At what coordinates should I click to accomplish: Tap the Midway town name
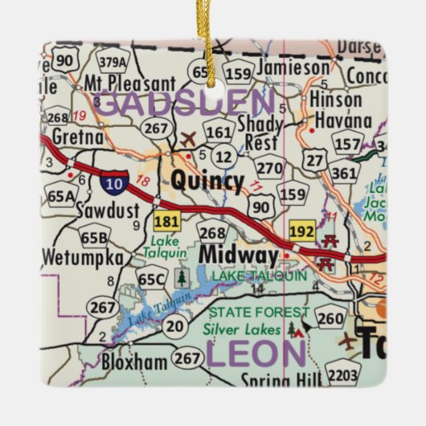point(238,255)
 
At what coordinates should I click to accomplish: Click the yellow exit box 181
point(167,221)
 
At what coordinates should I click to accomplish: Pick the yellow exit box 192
point(302,229)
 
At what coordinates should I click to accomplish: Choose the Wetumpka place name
point(83,259)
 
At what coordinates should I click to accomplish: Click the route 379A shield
point(113,61)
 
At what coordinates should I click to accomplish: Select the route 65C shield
point(151,279)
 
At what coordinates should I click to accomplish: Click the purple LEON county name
point(256,354)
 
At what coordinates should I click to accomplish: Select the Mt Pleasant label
point(129,83)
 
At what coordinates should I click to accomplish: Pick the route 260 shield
point(330,319)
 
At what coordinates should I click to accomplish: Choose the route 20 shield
point(174,326)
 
